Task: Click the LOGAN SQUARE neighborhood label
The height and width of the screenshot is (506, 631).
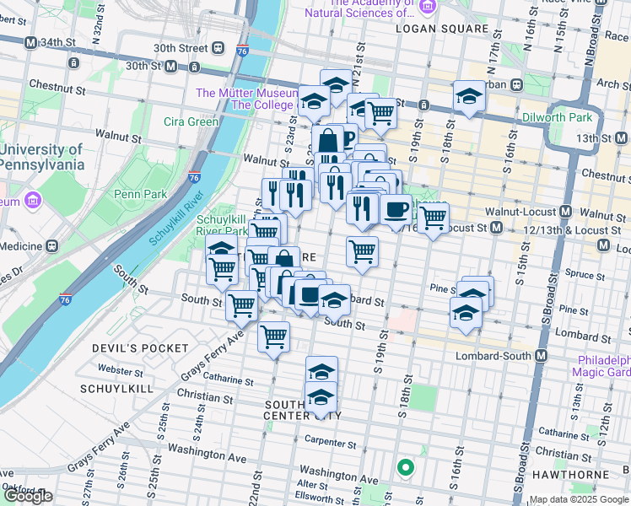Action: pos(442,29)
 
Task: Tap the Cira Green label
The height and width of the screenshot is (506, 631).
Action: pos(191,121)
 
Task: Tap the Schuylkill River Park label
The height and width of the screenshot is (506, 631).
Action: pos(222,224)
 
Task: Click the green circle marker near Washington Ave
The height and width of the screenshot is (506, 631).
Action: pos(406,466)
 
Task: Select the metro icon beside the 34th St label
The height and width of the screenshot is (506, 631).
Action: pos(31,42)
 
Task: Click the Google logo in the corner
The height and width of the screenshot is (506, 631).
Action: pos(28,496)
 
